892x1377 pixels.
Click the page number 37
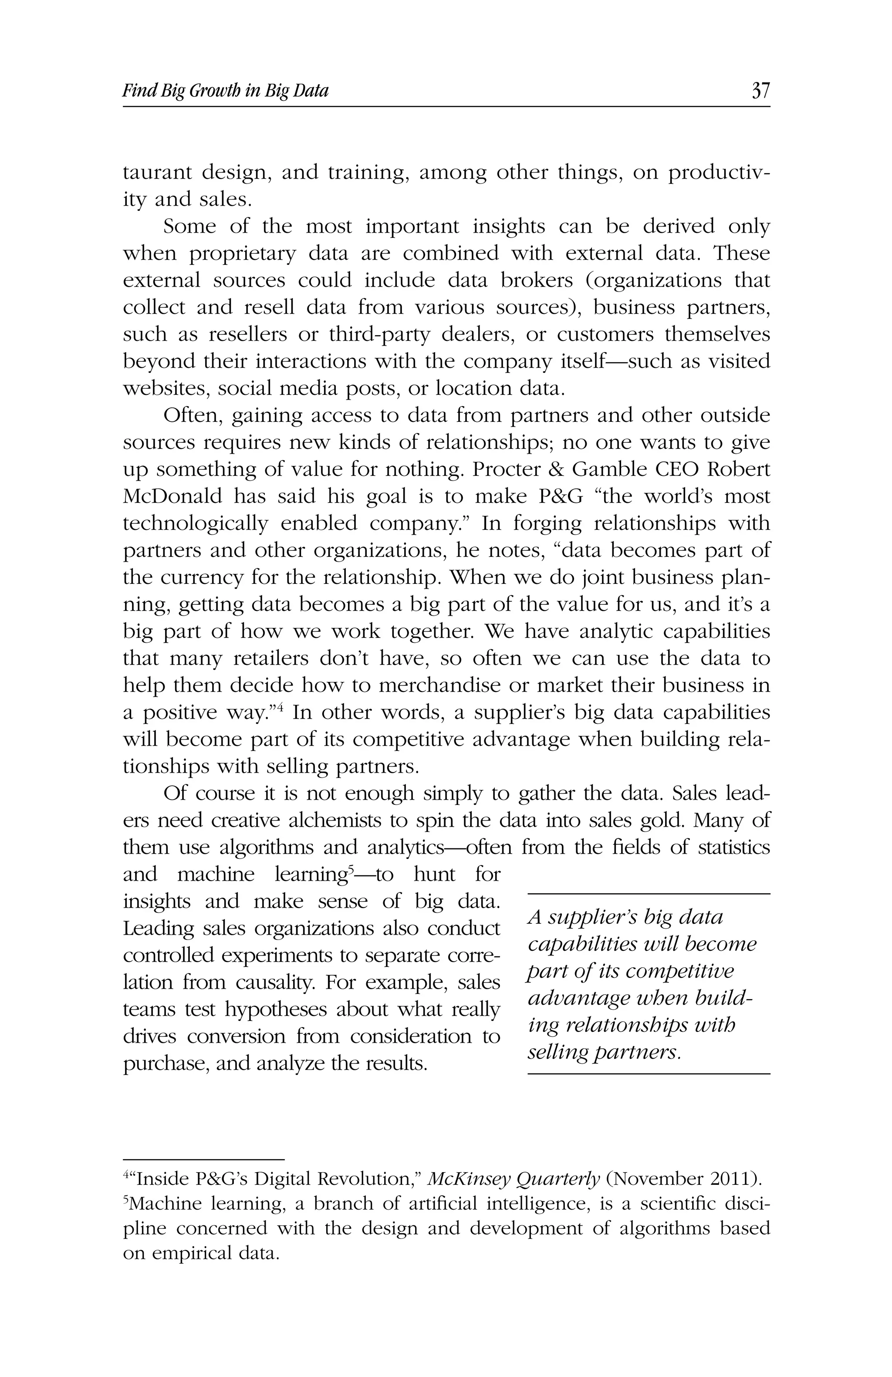coord(760,91)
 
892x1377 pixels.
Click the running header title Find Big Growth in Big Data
coord(225,91)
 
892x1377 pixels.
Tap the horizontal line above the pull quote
coord(649,894)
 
